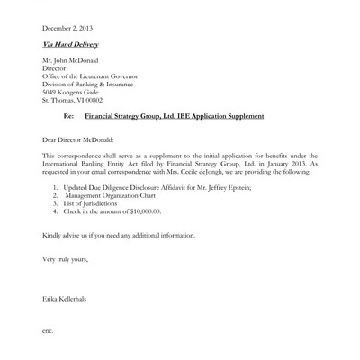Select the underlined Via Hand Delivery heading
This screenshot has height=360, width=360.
[x=71, y=43]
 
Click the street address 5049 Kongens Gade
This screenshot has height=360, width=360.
[x=75, y=106]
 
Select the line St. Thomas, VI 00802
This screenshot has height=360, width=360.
[x=76, y=115]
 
